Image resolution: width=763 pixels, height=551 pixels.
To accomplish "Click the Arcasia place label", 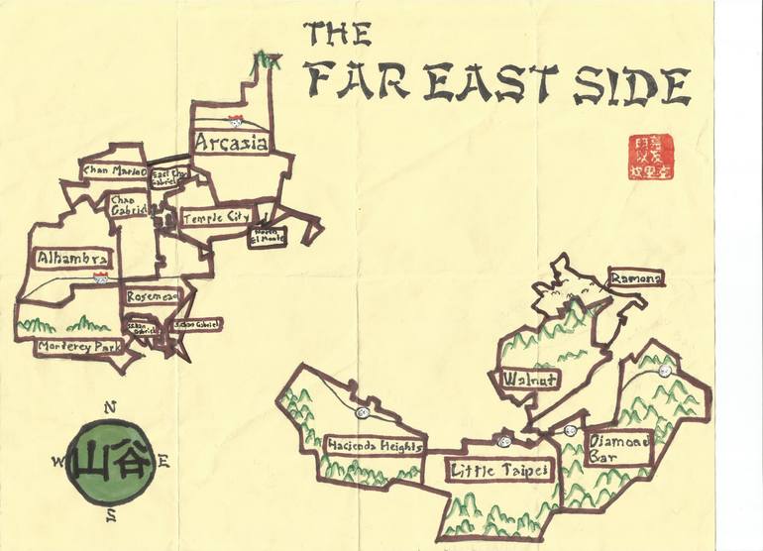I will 231,144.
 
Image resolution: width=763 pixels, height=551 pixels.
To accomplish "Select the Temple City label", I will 215,215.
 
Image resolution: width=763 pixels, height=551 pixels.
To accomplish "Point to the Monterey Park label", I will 77,347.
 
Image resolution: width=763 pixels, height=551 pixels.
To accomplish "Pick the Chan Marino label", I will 114,171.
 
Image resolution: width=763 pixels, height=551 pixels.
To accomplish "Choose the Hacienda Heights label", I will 375,446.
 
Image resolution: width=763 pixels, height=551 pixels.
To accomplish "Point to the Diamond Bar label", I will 618,451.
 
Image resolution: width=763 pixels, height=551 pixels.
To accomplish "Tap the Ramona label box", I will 634,279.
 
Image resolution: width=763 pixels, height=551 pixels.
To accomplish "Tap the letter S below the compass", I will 112,513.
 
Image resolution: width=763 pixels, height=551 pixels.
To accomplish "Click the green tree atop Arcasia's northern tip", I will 265,60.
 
